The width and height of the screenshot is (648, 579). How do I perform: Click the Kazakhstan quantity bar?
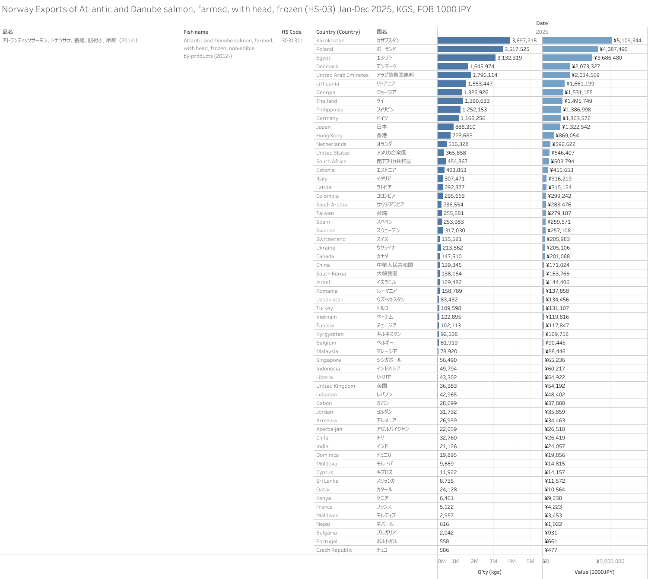click(473, 41)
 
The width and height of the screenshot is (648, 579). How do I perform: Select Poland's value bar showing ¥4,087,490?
click(570, 49)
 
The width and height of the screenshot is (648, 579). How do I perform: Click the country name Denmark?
click(327, 66)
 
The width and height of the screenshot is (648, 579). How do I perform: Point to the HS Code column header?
click(292, 32)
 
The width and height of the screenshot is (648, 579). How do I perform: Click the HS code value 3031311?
click(292, 41)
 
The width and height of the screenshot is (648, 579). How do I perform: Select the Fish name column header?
click(196, 32)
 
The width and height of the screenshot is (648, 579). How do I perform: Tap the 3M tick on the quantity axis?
click(493, 561)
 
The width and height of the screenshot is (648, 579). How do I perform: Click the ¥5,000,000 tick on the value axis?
click(610, 561)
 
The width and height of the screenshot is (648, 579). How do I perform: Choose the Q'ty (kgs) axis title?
click(489, 572)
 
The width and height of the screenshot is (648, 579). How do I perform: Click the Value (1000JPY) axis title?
click(594, 572)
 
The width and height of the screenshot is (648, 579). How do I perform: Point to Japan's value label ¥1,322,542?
click(576, 127)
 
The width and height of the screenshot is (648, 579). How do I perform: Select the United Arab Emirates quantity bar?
click(454, 75)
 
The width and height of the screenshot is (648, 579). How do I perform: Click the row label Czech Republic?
click(334, 550)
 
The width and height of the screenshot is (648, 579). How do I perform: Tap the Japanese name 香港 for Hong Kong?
click(381, 136)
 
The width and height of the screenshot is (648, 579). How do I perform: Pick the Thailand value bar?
click(553, 101)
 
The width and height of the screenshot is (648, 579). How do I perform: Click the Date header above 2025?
click(542, 23)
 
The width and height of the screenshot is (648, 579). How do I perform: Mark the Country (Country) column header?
click(338, 32)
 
